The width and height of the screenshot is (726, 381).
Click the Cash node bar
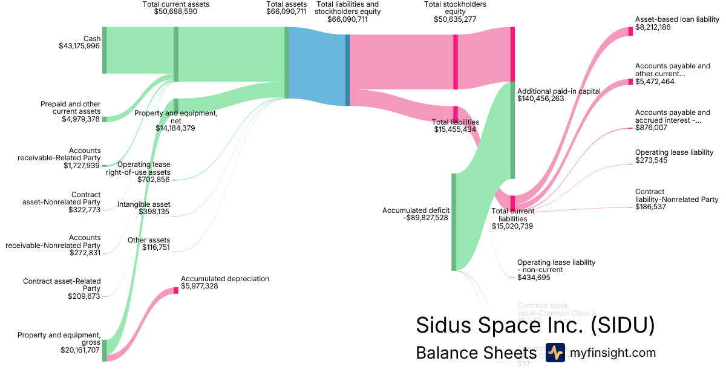(104, 50)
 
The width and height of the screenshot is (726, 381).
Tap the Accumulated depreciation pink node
(176, 290)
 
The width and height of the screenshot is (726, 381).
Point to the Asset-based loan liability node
(630, 31)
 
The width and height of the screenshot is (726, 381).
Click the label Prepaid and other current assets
(70, 108)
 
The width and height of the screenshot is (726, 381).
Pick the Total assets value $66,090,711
(286, 11)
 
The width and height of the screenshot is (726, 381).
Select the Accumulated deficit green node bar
(454, 222)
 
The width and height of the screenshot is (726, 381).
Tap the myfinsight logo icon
(555, 353)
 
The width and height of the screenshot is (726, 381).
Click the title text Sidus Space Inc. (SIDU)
(535, 325)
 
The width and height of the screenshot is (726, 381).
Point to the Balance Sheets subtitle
(476, 353)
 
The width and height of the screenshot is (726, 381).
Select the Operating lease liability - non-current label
(556, 266)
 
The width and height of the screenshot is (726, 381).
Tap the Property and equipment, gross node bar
(104, 350)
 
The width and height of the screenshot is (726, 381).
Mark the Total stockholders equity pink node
(456, 62)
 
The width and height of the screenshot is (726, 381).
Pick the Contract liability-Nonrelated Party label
(676, 195)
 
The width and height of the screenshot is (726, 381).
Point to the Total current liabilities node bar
(512, 203)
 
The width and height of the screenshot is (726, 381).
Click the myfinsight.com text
(612, 353)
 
